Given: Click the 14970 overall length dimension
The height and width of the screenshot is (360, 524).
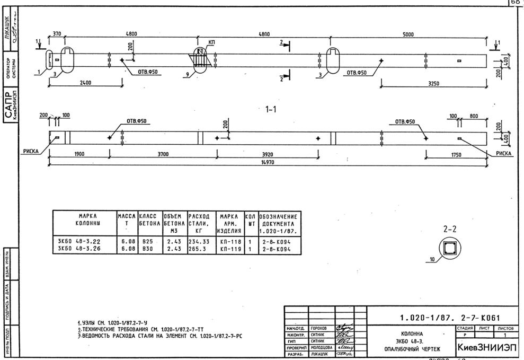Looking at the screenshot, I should click(x=268, y=163).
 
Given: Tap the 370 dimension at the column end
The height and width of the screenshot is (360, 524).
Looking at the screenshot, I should click(x=57, y=34).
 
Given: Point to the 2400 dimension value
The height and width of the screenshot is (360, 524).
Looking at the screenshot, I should click(x=85, y=83).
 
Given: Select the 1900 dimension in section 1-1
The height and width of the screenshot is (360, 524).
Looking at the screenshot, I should click(x=79, y=155).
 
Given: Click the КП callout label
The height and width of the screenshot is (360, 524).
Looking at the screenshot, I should click(x=212, y=42).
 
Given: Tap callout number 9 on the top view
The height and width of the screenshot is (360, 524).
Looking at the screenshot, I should click(x=188, y=75).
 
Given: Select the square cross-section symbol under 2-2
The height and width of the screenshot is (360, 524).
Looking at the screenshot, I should click(x=451, y=247).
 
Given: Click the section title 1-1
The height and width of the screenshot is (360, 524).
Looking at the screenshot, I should click(x=271, y=109).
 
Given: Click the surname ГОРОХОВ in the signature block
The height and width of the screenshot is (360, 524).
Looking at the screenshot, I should click(x=318, y=329).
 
